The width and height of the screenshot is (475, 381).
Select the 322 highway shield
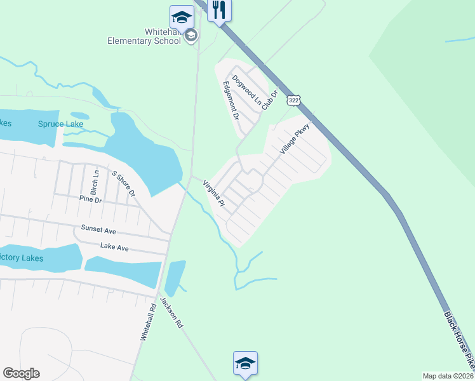293,101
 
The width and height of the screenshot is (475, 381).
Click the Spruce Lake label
60,124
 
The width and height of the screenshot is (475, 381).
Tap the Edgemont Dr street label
230,100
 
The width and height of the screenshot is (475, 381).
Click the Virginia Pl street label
214,194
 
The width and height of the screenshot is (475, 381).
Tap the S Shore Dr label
124,184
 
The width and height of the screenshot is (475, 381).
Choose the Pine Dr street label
90,199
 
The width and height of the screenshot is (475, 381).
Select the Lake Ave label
114,246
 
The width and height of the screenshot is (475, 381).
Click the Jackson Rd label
171,312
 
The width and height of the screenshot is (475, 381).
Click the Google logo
21,373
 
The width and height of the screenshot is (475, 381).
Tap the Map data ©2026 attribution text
448,376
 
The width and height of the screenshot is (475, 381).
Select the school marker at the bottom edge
245,363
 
